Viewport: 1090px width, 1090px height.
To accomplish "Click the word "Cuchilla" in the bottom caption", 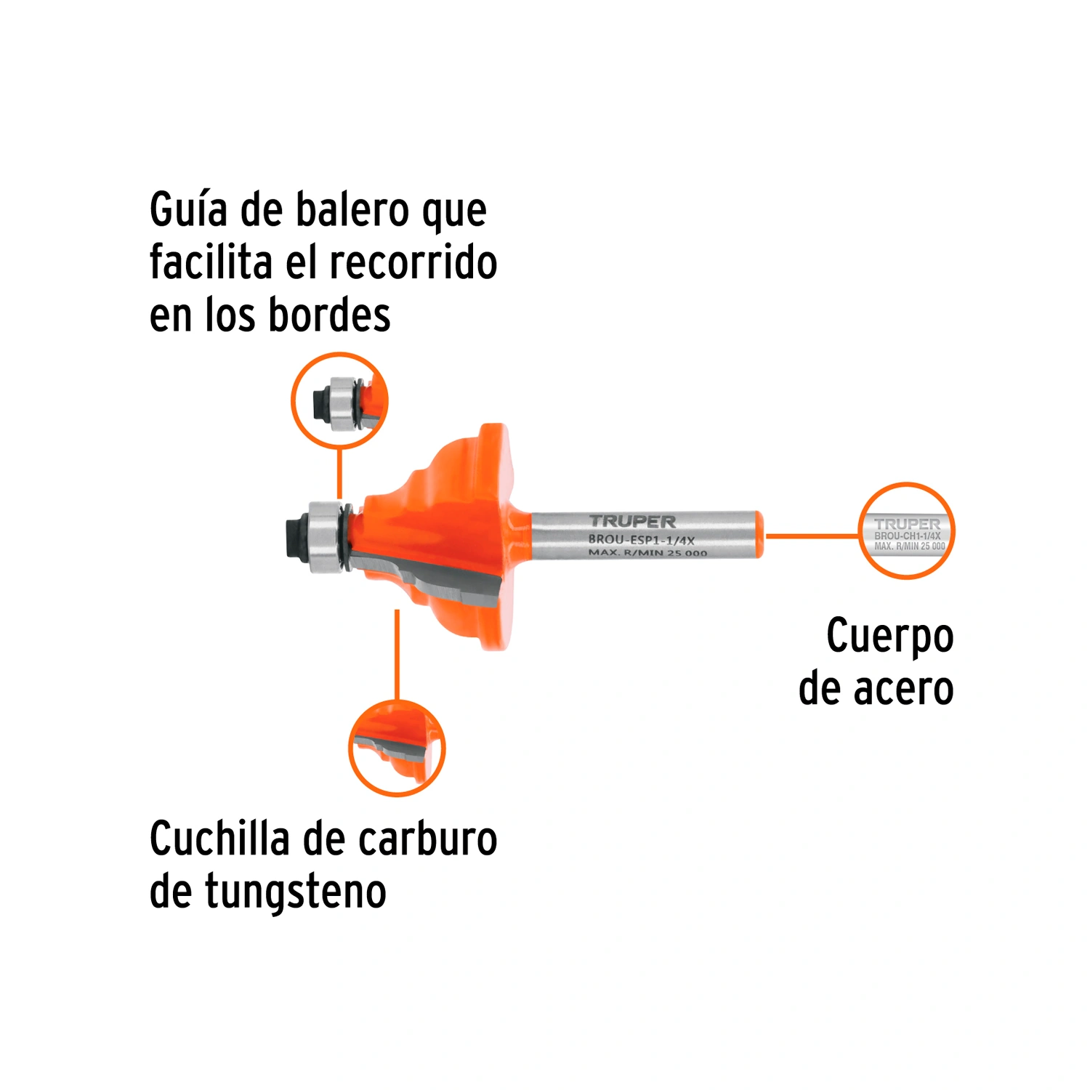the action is coord(219,839).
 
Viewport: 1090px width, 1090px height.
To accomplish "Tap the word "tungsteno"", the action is coord(296,892).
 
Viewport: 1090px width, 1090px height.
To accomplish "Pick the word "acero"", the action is coord(903,690).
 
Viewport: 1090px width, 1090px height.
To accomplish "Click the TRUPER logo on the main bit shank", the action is coord(632,521).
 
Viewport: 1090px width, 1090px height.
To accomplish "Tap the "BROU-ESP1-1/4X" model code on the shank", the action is coord(641,540).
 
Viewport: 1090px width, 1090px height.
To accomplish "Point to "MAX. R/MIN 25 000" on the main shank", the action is coord(647,553).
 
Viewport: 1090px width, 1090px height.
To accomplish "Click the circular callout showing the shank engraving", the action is coord(906,531).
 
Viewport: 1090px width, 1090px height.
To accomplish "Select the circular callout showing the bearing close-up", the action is coord(339,400).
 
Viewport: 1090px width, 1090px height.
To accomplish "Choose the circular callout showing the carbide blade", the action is coord(397,748).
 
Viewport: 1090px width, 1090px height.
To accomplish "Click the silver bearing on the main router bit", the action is coord(326,537).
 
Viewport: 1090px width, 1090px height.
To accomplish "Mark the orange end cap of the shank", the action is coord(759,535).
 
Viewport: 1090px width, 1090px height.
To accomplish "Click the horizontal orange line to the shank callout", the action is coord(812,536).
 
